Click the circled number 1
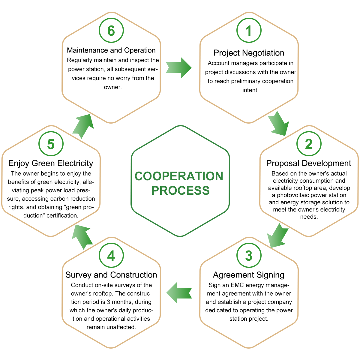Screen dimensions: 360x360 click(249, 31)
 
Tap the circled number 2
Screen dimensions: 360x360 click(309, 144)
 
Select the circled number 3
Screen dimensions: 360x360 click(249, 256)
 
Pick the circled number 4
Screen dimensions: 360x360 click(111, 256)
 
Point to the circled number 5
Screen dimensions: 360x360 click(51, 144)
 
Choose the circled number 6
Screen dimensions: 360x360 click(111, 31)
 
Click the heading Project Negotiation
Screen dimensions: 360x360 click(249, 53)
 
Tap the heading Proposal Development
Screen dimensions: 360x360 click(309, 163)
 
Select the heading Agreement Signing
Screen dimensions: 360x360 click(249, 275)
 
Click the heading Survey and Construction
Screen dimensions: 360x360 click(111, 275)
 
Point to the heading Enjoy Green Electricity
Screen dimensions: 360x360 click(51, 163)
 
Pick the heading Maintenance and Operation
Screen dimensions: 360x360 click(111, 50)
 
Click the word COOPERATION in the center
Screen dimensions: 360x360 click(179, 176)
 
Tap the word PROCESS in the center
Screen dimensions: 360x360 click(180, 190)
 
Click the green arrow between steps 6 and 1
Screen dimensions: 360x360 click(178, 68)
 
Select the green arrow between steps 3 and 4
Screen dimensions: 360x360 click(179, 292)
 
